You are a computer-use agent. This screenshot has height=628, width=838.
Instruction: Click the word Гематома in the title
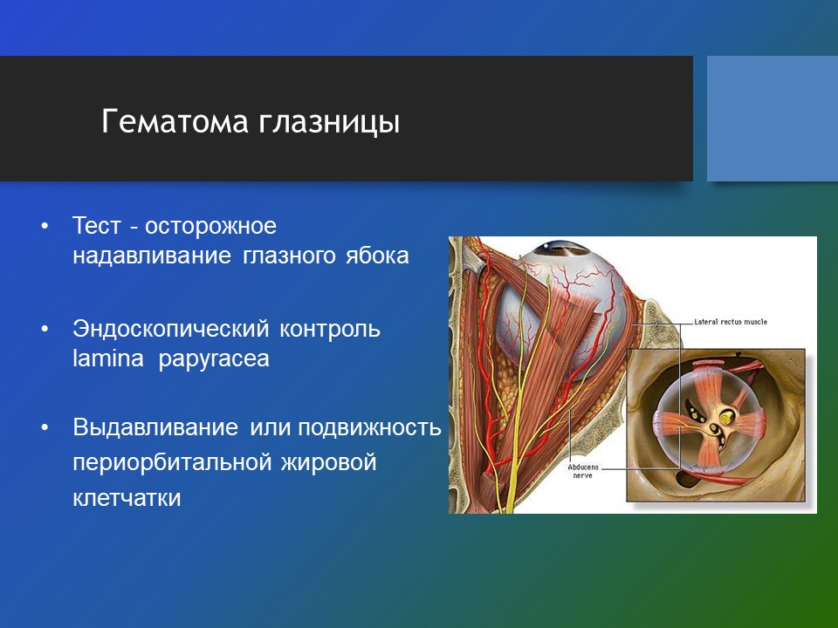tap(175, 121)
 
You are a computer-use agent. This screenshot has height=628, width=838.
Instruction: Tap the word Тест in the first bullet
tap(97, 226)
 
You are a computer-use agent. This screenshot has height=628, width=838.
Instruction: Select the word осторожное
tap(210, 227)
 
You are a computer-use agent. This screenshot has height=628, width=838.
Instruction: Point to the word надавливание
tap(152, 256)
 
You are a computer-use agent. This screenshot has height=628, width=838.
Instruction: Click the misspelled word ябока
tap(377, 256)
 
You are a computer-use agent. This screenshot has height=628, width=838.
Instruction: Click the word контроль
tap(330, 330)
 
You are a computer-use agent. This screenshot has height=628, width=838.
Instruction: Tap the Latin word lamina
tap(108, 358)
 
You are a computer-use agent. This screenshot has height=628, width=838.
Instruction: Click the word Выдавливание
tap(155, 427)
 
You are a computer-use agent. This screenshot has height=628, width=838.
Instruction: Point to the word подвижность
tap(370, 427)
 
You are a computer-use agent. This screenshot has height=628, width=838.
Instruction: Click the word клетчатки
tap(127, 498)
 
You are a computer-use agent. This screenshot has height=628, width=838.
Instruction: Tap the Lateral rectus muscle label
tap(731, 322)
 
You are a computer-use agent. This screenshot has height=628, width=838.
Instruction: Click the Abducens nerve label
tap(583, 471)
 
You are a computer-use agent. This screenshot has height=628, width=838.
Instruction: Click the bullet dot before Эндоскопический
tap(45, 330)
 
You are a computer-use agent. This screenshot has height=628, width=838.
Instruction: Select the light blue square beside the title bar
tap(773, 119)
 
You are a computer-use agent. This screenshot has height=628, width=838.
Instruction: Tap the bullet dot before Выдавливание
tap(45, 427)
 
